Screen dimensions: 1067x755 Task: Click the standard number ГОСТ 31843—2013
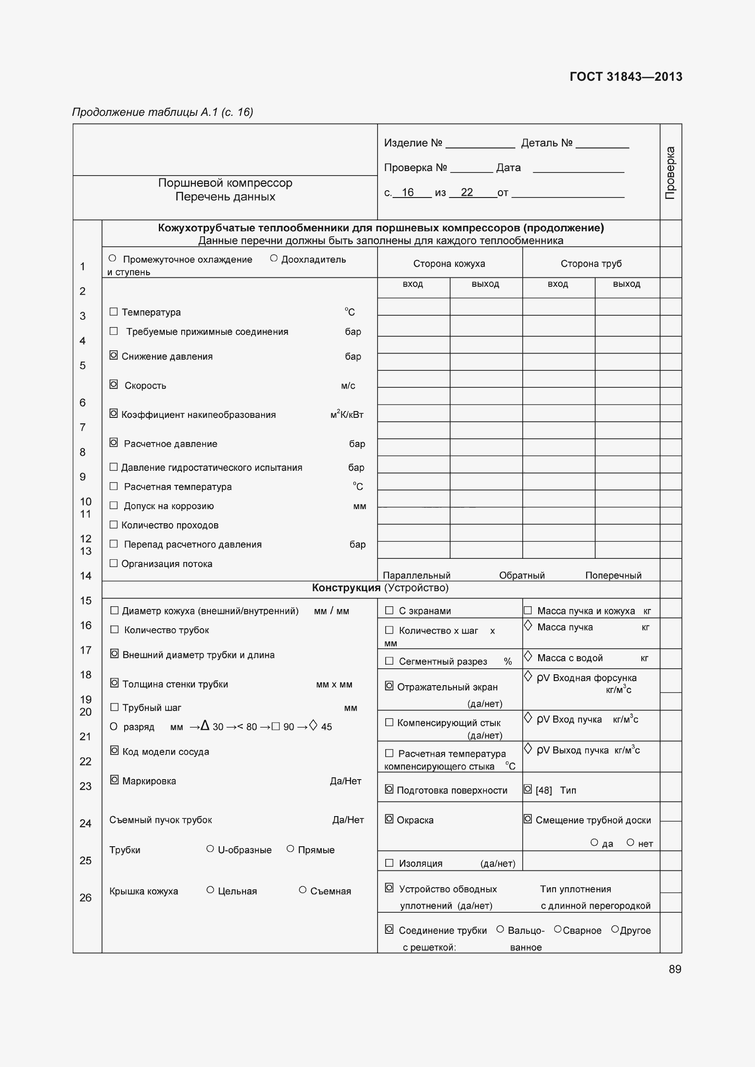point(625,77)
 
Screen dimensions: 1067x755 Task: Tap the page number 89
point(675,969)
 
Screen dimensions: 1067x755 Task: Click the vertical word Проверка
point(670,172)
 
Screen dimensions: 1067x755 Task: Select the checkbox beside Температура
point(114,312)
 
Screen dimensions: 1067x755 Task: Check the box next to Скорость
point(114,384)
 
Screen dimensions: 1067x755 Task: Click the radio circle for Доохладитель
point(274,258)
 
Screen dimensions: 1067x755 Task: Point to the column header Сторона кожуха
point(449,264)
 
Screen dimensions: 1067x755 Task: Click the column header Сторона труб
point(590,264)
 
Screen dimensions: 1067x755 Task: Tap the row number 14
point(85,576)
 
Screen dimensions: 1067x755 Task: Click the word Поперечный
point(613,575)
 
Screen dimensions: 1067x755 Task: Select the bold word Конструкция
point(346,588)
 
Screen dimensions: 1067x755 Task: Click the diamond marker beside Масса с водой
point(528,656)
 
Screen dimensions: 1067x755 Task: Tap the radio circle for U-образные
point(210,849)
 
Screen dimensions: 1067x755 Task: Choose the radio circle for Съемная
point(303,890)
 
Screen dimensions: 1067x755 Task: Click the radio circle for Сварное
point(557,929)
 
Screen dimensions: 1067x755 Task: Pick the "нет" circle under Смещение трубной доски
point(630,843)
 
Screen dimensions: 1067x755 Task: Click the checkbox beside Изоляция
point(389,863)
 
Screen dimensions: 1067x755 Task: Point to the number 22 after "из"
point(467,192)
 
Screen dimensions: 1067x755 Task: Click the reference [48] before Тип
point(544,791)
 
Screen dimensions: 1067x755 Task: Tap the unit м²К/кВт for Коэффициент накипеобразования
point(346,415)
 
